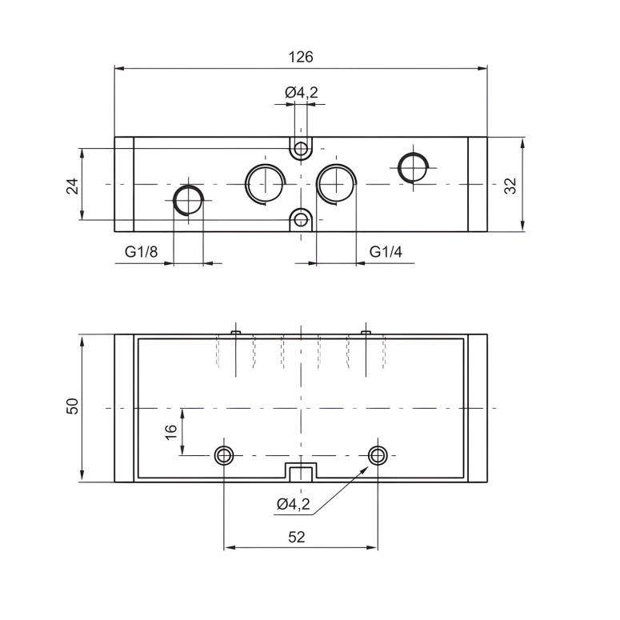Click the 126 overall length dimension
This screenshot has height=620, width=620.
click(301, 57)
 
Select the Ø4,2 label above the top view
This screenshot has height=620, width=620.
click(302, 93)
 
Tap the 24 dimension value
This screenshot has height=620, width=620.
click(72, 186)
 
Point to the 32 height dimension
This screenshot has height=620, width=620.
click(511, 186)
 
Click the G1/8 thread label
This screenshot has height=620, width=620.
click(142, 252)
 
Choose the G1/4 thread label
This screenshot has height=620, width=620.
click(386, 252)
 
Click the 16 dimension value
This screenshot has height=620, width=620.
click(170, 431)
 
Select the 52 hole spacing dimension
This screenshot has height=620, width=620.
click(296, 537)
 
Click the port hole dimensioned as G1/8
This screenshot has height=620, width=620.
click(189, 199)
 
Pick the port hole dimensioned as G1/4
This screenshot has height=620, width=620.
click(335, 183)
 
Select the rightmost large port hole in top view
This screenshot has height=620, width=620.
click(414, 167)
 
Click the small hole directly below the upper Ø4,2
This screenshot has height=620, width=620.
click(301, 149)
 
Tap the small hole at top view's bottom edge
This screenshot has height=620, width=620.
click(301, 218)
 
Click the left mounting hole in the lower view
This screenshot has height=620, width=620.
click(224, 455)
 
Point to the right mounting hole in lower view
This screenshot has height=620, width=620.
click(378, 455)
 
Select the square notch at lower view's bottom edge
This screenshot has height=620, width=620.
click(301, 472)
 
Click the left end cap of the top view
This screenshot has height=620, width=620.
click(124, 184)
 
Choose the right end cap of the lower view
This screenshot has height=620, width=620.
click(477, 408)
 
